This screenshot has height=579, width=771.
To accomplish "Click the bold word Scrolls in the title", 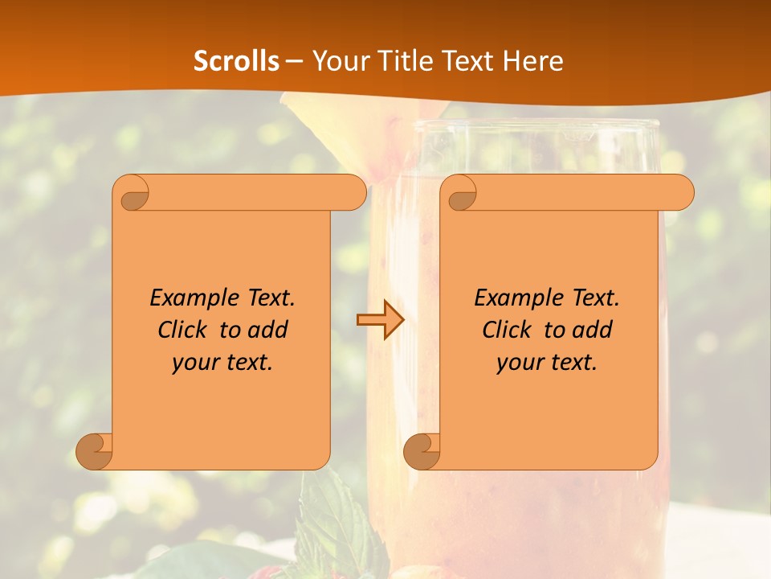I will pos(236,61).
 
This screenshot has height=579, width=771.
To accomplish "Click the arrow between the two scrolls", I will pos(380,320).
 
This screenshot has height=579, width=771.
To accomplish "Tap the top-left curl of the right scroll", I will pos(462,193).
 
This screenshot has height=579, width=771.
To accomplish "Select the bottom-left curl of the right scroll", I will pos(422,450).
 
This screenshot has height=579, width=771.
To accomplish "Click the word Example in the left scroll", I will pos(191,298).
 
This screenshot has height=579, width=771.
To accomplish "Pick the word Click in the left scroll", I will pos(186,330).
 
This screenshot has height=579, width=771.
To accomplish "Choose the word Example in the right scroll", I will pos(516,298).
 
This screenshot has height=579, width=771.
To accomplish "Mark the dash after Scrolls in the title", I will pos(294,61).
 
